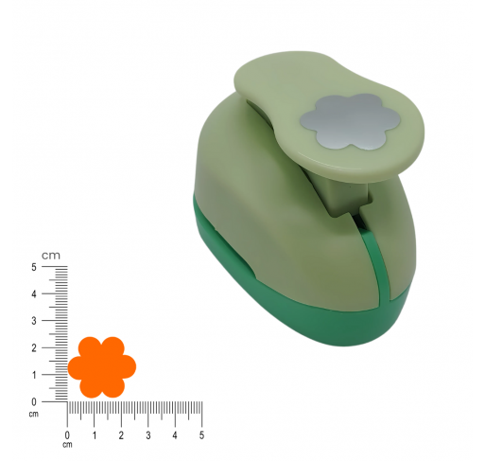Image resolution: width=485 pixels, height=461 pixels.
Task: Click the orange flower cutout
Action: click(x=102, y=367)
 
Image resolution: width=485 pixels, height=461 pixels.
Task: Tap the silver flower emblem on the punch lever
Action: click(x=350, y=121)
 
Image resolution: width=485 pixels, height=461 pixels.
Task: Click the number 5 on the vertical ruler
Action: click(x=34, y=267)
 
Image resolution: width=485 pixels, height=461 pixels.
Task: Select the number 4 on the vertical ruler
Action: click(x=34, y=294)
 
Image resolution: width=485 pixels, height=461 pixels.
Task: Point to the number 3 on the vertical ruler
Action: click(x=34, y=321)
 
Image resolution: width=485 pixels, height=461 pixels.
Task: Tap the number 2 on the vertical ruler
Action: click(x=34, y=348)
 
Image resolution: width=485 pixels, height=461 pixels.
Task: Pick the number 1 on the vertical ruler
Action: click(x=34, y=375)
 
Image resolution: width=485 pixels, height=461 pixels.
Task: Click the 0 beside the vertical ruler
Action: click(x=34, y=402)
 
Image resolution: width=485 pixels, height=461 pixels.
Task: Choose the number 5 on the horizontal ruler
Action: click(x=201, y=435)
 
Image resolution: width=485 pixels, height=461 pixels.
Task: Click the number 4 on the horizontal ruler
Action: click(x=175, y=435)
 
